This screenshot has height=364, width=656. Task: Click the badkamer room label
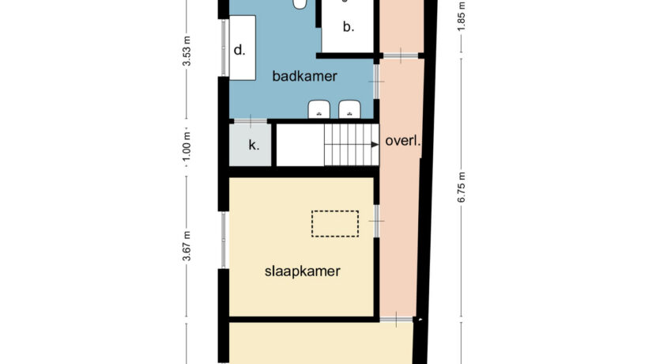pyautogui.click(x=304, y=76)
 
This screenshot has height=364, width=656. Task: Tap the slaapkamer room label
pyautogui.click(x=303, y=271)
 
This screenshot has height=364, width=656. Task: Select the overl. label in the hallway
pyautogui.click(x=402, y=141)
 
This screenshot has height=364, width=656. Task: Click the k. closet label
pyautogui.click(x=254, y=146)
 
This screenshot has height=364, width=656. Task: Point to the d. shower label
pyautogui.click(x=239, y=51)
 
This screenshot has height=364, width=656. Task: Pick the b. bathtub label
pyautogui.click(x=349, y=26)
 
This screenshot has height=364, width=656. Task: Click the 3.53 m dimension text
pyautogui.click(x=187, y=51)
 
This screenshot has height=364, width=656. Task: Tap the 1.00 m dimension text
pyautogui.click(x=187, y=146)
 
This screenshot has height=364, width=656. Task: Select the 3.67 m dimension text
pyautogui.click(x=187, y=246)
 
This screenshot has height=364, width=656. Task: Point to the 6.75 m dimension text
pyautogui.click(x=461, y=188)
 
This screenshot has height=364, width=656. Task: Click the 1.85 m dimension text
pyautogui.click(x=461, y=17)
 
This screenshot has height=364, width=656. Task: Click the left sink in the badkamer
pyautogui.click(x=319, y=109)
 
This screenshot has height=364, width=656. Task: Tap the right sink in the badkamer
pyautogui.click(x=349, y=109)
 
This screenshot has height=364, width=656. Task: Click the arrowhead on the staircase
pyautogui.click(x=375, y=145)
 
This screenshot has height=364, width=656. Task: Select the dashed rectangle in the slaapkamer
pyautogui.click(x=335, y=224)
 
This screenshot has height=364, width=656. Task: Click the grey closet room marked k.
pyautogui.click(x=251, y=145)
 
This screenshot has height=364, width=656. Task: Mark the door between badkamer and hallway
pyautogui.click(x=376, y=82)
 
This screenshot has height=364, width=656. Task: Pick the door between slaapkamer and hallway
pyautogui.click(x=376, y=221)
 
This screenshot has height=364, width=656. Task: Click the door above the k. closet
pyautogui.click(x=251, y=122)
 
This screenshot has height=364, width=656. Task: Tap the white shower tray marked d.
pyautogui.click(x=242, y=47)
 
